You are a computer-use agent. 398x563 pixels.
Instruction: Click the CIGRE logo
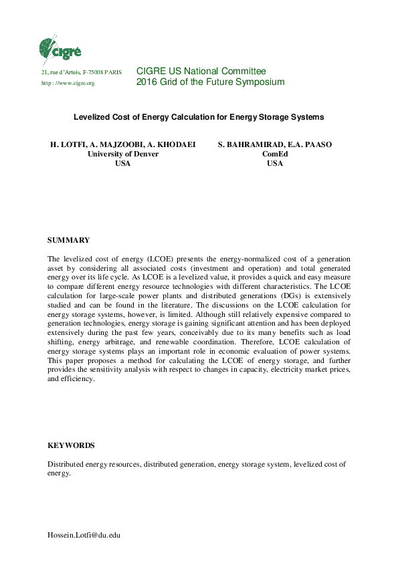[60, 48]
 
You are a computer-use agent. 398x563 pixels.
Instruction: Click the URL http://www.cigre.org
[68, 83]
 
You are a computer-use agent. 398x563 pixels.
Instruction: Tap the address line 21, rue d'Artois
[82, 72]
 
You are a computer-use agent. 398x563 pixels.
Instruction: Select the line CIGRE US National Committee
[201, 71]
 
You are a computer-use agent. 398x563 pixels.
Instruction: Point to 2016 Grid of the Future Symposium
[210, 82]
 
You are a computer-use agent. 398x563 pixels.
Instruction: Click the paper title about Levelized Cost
[198, 117]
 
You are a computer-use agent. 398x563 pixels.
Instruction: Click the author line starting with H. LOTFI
[122, 144]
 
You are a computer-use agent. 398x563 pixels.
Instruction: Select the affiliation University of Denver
[123, 153]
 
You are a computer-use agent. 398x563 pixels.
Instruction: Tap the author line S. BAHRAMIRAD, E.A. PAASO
[274, 144]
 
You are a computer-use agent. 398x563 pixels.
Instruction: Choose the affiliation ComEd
[274, 153]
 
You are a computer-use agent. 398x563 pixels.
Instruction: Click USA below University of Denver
[123, 163]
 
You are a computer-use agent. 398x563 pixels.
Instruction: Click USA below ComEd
[274, 163]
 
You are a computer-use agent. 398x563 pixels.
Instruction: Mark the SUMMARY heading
[69, 239]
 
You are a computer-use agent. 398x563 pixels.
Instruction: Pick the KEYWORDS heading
[71, 445]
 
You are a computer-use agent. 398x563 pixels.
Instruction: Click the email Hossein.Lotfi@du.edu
[83, 535]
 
